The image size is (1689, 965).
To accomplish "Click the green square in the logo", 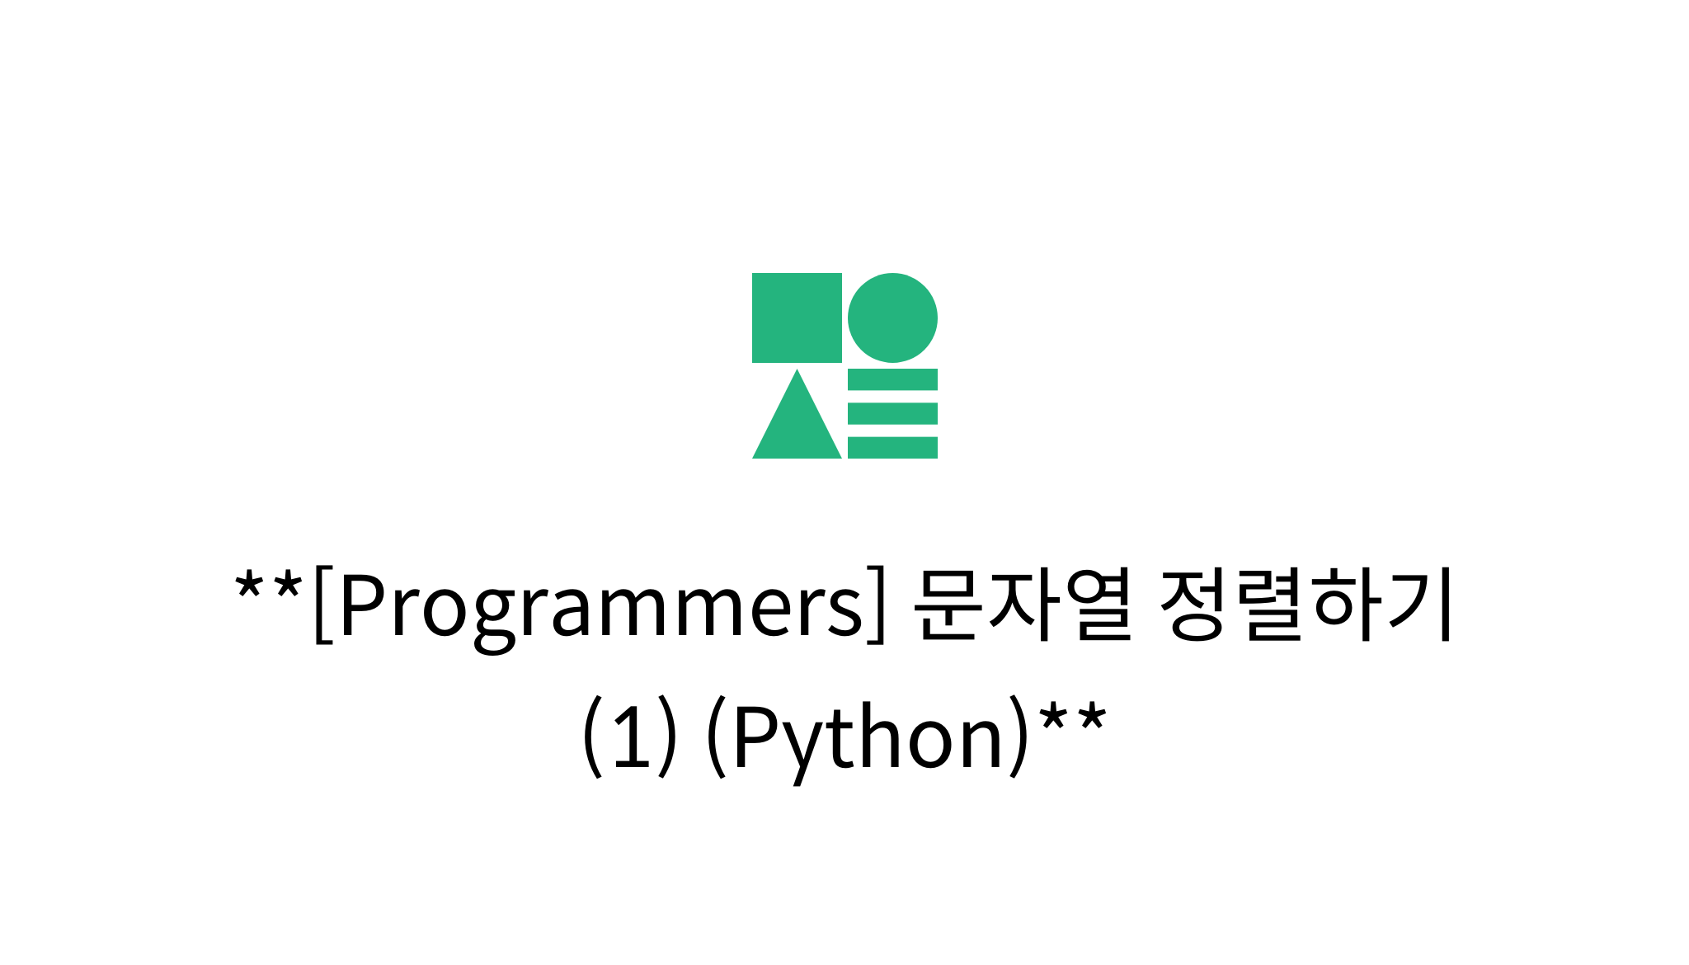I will (797, 318).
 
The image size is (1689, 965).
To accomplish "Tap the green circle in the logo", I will (892, 318).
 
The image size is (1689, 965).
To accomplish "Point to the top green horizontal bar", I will (892, 379).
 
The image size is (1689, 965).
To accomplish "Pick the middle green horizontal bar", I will (892, 413).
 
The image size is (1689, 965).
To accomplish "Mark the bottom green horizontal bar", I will (892, 447).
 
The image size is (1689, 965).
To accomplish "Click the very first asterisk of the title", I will (248, 587).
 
